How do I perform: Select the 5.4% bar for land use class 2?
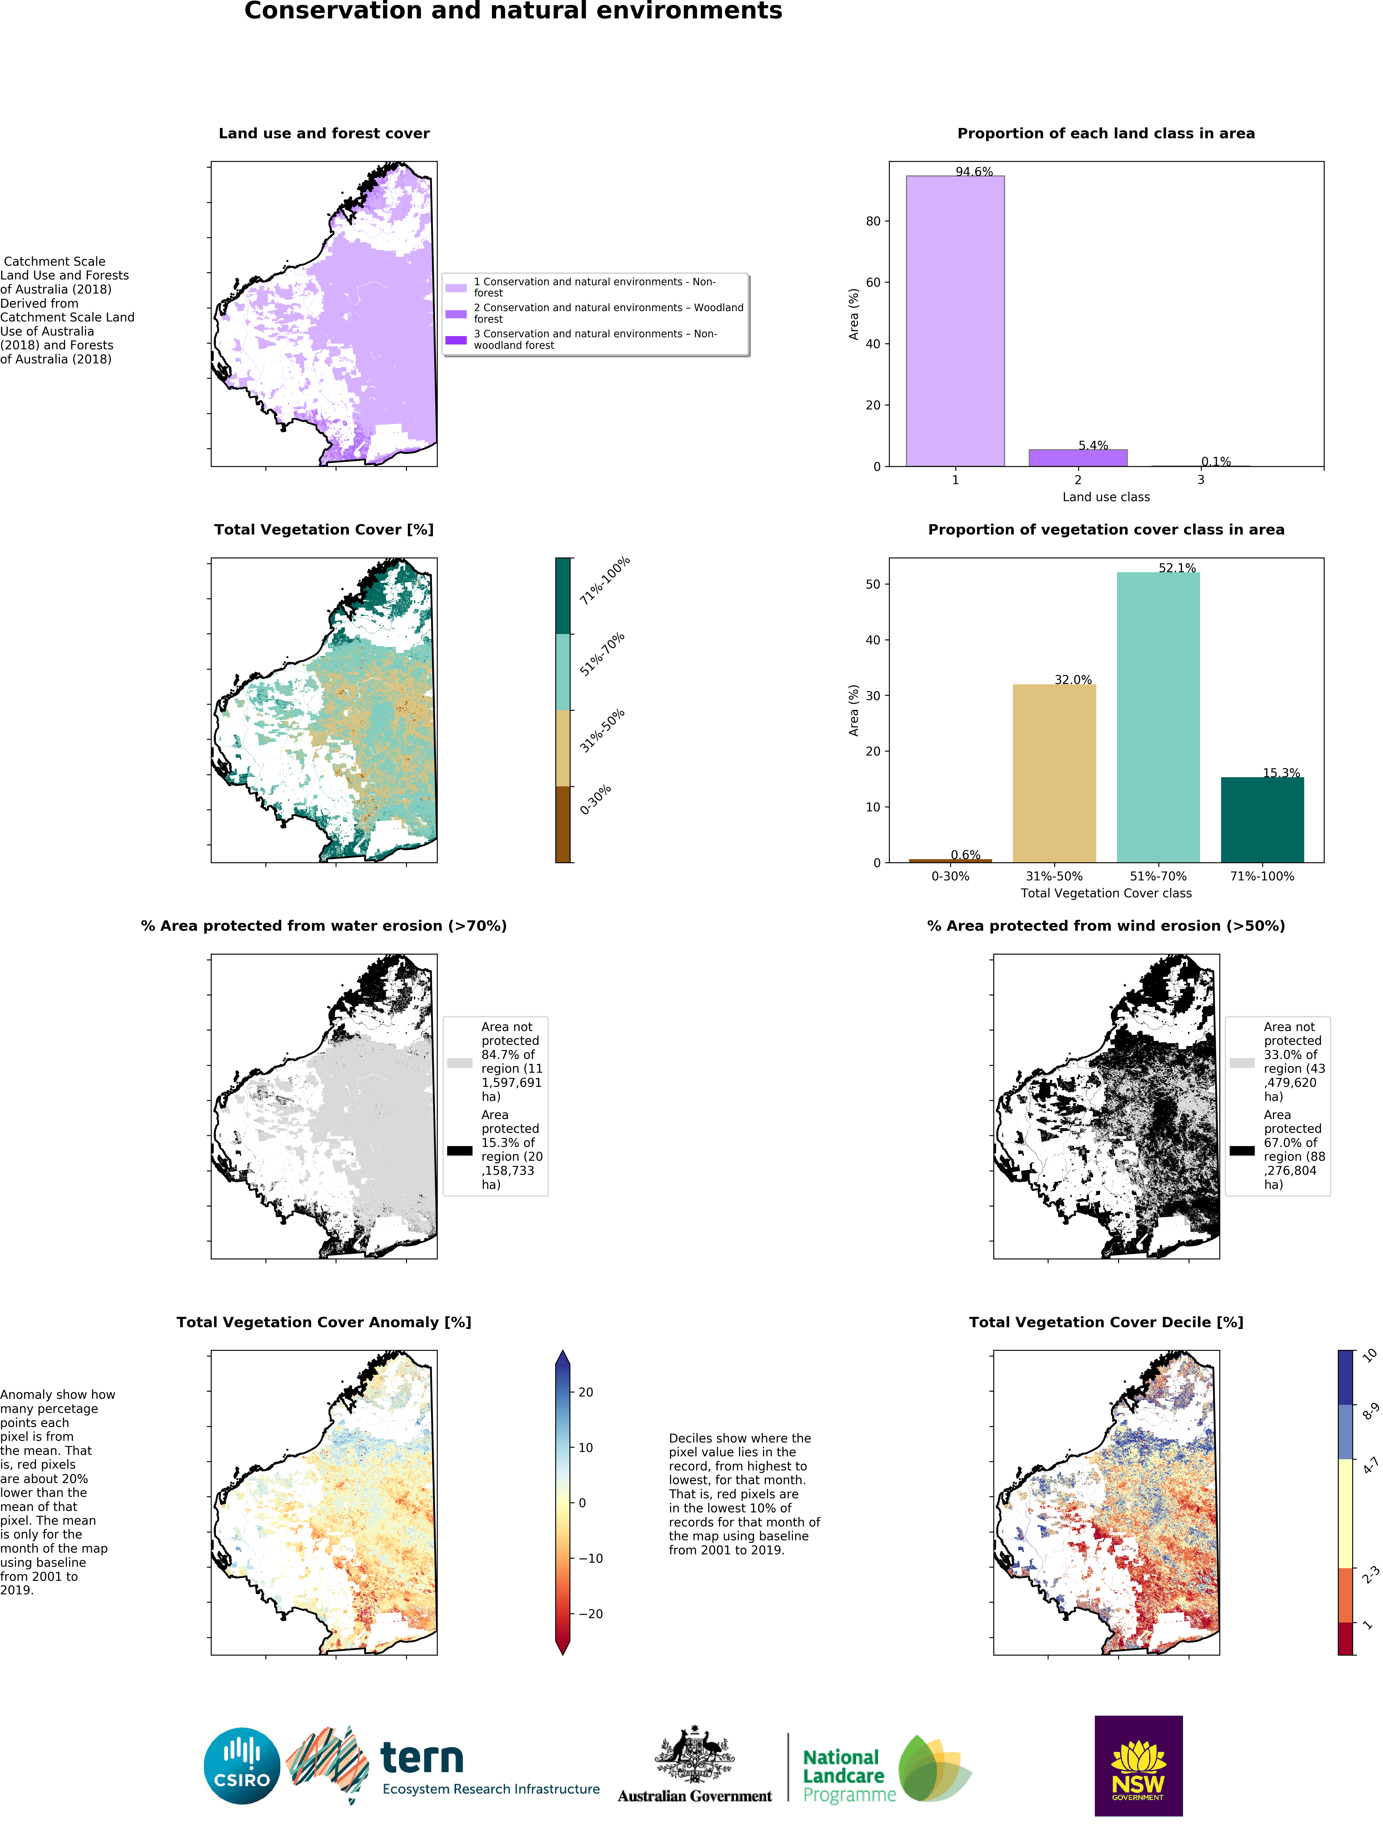point(1077,457)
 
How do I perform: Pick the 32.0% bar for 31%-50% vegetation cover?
point(1054,772)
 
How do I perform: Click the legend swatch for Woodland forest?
point(456,314)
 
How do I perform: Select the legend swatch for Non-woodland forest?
point(456,340)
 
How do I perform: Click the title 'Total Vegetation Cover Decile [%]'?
point(1105,1322)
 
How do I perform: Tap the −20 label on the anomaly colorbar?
point(591,1614)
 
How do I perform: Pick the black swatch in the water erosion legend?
point(459,1150)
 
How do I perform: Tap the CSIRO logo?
point(242,1766)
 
